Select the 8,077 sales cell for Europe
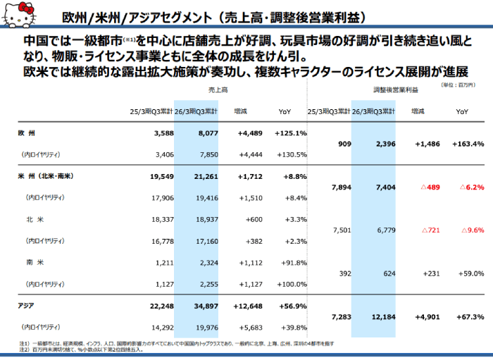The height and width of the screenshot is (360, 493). (x=203, y=133)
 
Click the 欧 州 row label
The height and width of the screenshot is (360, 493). (x=28, y=133)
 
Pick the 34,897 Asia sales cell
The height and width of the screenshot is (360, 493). (x=202, y=287)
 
